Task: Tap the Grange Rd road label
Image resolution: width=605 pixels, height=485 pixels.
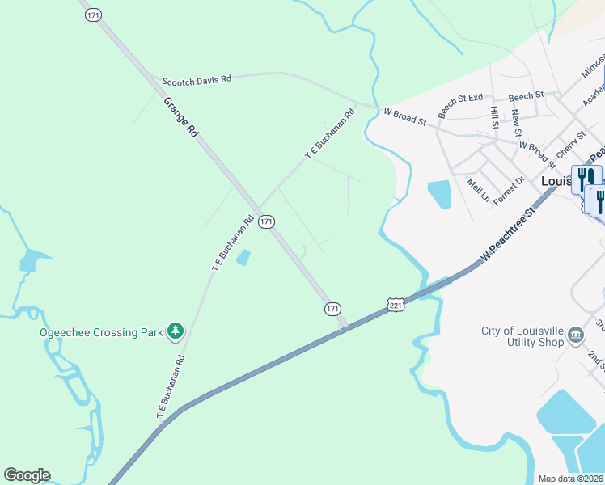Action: click(x=180, y=117)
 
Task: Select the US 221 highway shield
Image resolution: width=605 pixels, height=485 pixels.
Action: click(x=395, y=304)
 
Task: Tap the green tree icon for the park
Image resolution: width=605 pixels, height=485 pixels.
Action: click(x=175, y=331)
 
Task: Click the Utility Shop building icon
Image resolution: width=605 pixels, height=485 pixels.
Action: click(x=574, y=335)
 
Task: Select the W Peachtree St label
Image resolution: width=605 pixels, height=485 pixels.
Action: click(x=508, y=234)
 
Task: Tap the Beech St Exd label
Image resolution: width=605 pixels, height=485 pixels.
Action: click(x=459, y=106)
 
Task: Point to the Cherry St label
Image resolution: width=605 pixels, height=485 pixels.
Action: click(x=570, y=146)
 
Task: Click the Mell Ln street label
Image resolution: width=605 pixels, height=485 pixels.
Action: click(x=477, y=191)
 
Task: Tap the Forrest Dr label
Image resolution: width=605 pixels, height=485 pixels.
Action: click(x=508, y=190)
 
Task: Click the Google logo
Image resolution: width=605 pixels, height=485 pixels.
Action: click(x=27, y=475)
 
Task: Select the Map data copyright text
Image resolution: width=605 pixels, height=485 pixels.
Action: click(x=571, y=479)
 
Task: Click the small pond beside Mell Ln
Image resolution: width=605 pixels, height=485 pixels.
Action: click(x=439, y=194)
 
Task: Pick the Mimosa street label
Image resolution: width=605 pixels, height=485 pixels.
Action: click(x=592, y=66)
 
